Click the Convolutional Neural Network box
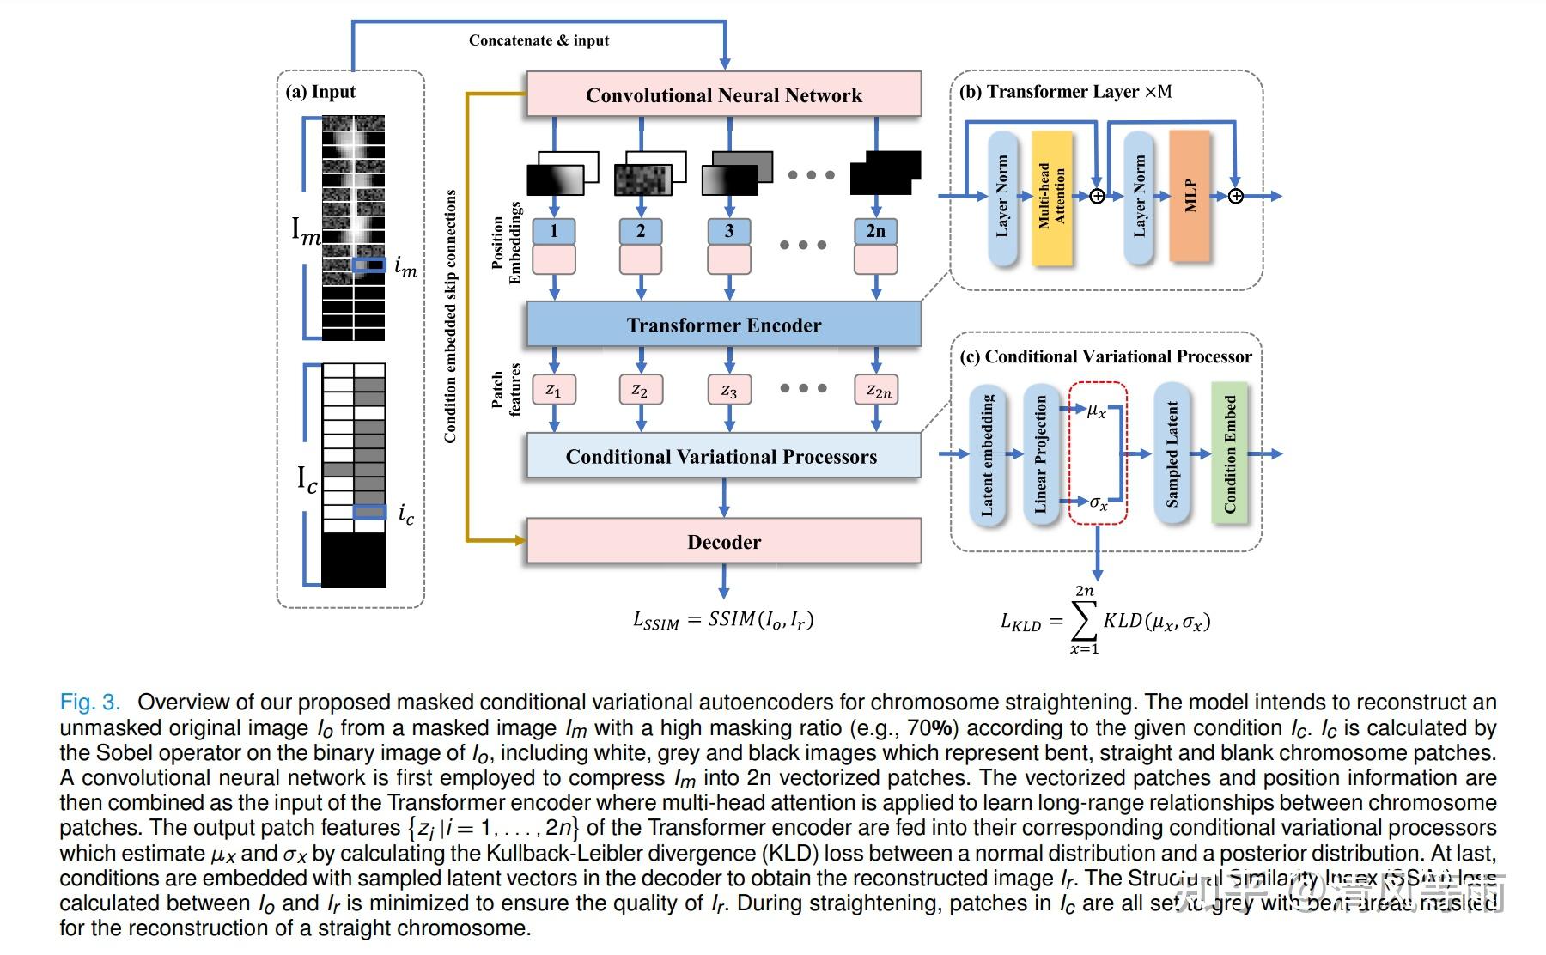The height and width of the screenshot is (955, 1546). [x=723, y=94]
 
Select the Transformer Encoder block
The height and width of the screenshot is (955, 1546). [x=723, y=325]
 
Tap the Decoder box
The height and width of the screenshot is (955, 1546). [x=723, y=542]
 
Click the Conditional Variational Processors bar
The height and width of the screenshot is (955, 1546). [x=721, y=456]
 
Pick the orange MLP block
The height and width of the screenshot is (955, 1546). [x=1190, y=196]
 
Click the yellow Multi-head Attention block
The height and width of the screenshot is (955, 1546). [x=1051, y=197]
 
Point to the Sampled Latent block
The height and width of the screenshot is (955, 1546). [x=1172, y=453]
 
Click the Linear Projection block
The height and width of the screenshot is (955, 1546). [x=1041, y=453]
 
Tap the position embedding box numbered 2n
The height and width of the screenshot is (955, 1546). [x=875, y=231]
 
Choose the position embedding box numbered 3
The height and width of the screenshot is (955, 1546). [x=728, y=231]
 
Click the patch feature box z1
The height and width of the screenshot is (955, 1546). [x=554, y=390]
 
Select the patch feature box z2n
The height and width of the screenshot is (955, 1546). [x=876, y=390]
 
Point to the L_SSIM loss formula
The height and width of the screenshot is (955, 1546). [x=723, y=620]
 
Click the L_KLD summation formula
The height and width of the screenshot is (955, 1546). [x=1105, y=621]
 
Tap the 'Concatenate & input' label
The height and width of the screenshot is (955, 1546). [x=539, y=40]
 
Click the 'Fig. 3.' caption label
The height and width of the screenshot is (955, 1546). [x=89, y=703]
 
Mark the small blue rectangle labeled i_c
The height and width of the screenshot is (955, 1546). [x=369, y=512]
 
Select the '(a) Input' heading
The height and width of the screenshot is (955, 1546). [x=320, y=92]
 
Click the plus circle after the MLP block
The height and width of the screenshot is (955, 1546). [x=1235, y=197]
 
